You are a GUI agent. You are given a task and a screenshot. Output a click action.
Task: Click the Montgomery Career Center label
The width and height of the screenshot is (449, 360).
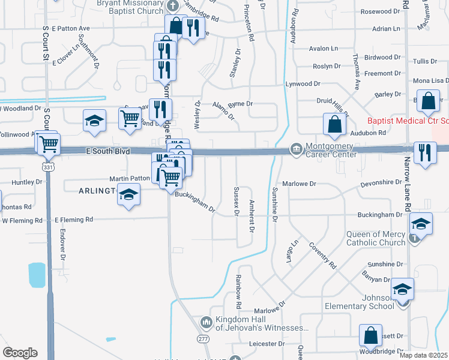pos(331,150)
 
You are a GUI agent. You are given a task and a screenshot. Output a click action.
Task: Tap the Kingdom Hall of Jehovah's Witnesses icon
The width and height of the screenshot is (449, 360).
pos(206,323)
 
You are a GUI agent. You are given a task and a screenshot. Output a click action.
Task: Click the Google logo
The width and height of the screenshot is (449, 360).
pos(20,353)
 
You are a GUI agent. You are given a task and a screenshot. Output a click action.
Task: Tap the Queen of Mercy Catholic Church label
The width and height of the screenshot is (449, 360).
pos(376,238)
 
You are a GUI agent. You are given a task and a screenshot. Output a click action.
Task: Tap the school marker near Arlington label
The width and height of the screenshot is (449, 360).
pos(128,195)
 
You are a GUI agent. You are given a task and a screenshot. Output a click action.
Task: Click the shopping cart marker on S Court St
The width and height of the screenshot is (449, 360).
pos(48,144)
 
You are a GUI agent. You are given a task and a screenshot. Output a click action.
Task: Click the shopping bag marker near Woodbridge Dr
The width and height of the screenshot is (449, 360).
pos(371,336)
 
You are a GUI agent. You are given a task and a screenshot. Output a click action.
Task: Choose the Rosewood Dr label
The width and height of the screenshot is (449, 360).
pos(380,11)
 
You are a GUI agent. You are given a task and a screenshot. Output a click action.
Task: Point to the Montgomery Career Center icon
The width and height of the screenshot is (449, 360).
pos(296,148)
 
